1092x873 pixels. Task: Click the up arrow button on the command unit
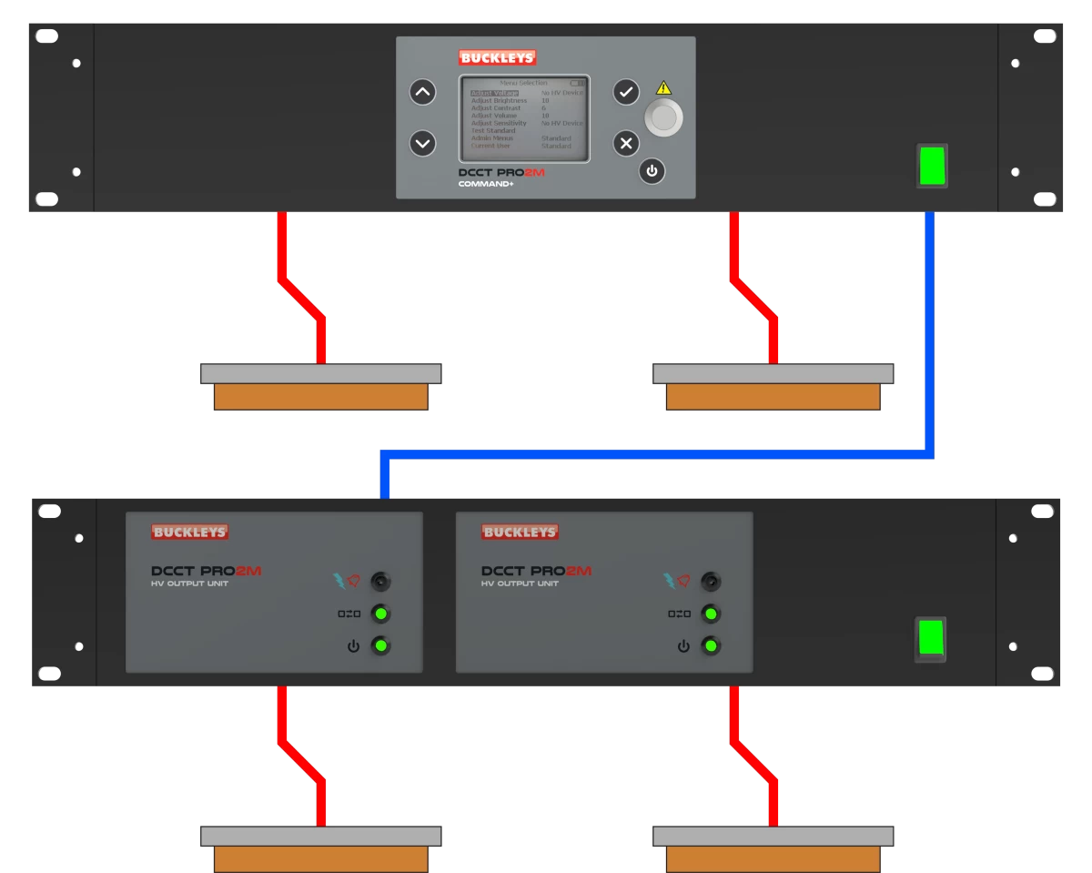coord(422,92)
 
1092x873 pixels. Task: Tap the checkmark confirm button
coord(626,91)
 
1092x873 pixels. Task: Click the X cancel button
coord(626,143)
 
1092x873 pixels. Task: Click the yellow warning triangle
coord(663,88)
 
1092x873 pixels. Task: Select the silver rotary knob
coord(663,117)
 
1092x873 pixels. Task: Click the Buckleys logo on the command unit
coord(497,58)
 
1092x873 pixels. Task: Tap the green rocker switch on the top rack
coord(932,166)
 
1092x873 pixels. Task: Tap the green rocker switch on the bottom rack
coord(930,639)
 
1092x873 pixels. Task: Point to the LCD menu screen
coord(524,118)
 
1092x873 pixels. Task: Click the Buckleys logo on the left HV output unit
coord(189,533)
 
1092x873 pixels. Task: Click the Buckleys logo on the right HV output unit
coord(520,533)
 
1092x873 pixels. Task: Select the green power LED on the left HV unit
coord(381,646)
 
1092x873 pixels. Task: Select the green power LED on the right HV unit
coord(712,646)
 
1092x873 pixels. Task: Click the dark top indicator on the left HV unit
coord(381,581)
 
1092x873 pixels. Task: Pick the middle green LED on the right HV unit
coord(712,614)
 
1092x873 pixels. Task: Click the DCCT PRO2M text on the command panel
coord(501,172)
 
